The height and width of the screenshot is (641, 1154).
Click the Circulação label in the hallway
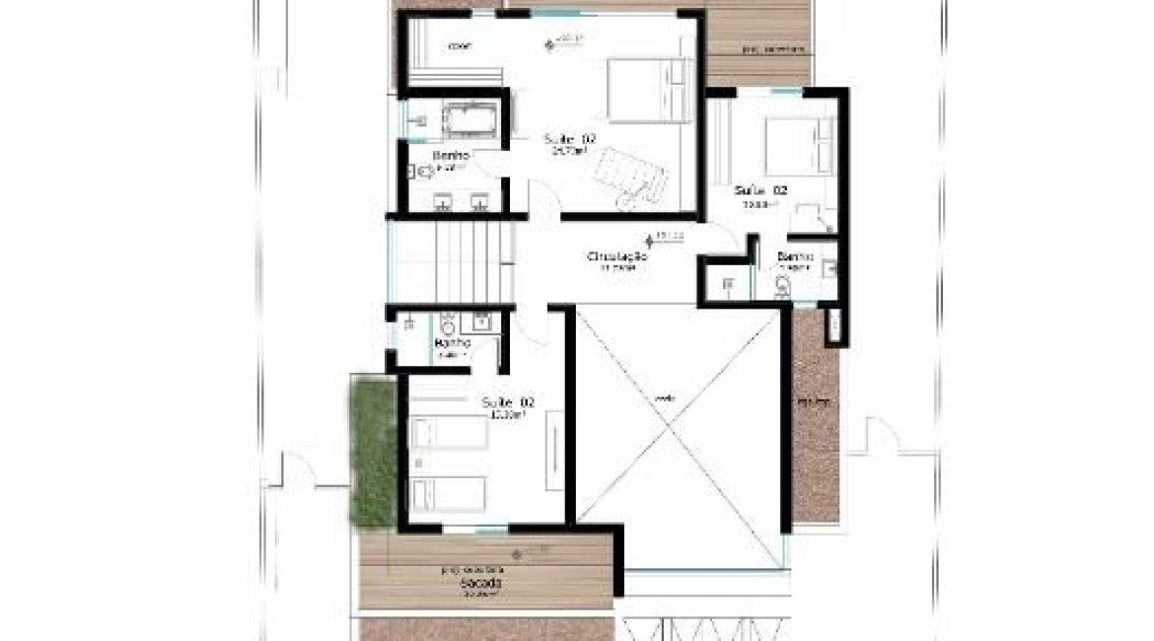[x=616, y=256]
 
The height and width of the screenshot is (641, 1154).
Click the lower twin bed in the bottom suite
[x=448, y=493]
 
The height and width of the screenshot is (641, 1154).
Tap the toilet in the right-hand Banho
[x=784, y=285]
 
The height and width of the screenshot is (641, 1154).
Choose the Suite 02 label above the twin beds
[x=508, y=402]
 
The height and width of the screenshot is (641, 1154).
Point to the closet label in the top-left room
[x=459, y=45]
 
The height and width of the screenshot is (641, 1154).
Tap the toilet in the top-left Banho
[x=424, y=173]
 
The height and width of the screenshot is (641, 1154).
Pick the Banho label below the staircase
[x=453, y=343]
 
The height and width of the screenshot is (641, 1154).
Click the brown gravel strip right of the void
[x=815, y=414]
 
